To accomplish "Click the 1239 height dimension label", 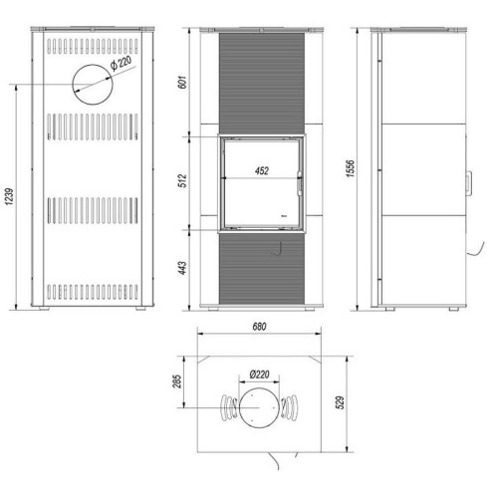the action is [x=10, y=196].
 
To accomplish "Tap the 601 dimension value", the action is [x=182, y=82].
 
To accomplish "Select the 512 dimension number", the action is [x=182, y=180].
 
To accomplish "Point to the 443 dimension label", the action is [x=182, y=268].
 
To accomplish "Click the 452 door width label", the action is [x=262, y=171].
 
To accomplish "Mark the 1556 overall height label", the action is [x=351, y=168].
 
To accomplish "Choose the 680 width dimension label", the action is [x=259, y=327].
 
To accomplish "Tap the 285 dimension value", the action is [x=177, y=381].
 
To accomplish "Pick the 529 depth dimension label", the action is [x=341, y=402].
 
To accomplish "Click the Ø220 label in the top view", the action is [x=260, y=374].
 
